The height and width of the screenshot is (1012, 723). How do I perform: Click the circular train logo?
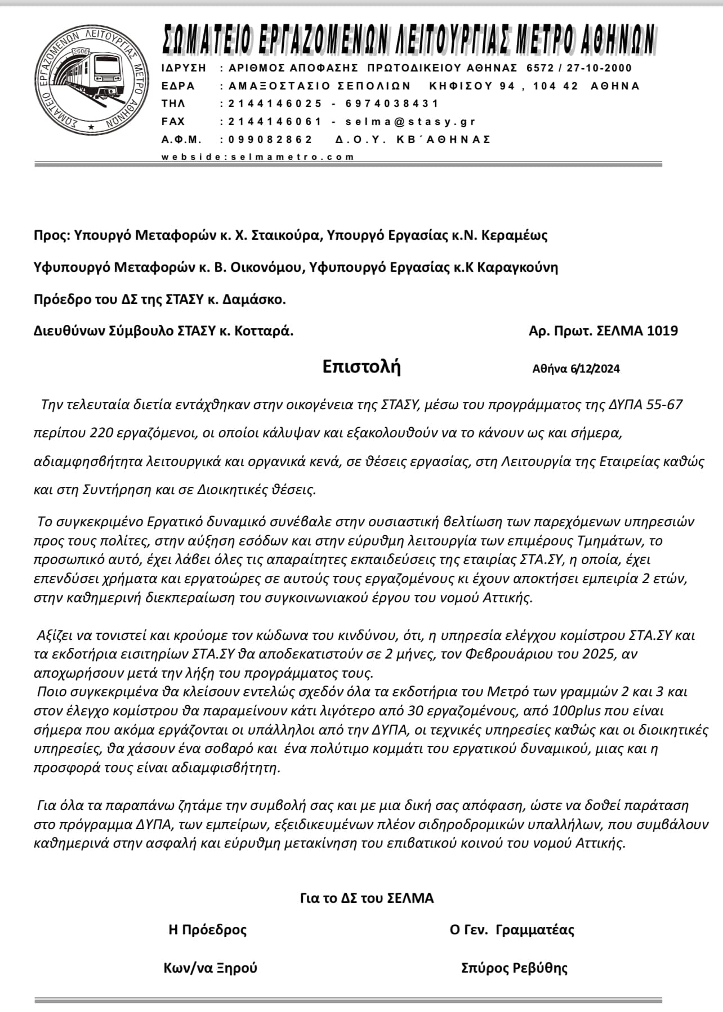[92, 80]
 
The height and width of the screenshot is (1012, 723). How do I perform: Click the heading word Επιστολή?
[361, 366]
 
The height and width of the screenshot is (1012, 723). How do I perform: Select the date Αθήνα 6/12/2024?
[576, 369]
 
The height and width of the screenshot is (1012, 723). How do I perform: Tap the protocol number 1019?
[662, 331]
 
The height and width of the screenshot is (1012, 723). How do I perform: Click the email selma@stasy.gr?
[410, 122]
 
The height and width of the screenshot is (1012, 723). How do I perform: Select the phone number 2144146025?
[275, 104]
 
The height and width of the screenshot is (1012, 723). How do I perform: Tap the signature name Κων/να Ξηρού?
[210, 968]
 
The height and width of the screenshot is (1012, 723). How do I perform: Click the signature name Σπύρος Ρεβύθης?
[514, 968]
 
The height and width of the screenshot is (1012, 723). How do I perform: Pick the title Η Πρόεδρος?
[207, 930]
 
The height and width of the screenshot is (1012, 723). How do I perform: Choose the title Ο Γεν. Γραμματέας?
[512, 930]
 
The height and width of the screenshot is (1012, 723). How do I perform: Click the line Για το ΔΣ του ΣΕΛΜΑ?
[367, 898]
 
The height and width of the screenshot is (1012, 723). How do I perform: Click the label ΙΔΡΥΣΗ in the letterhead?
[184, 68]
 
